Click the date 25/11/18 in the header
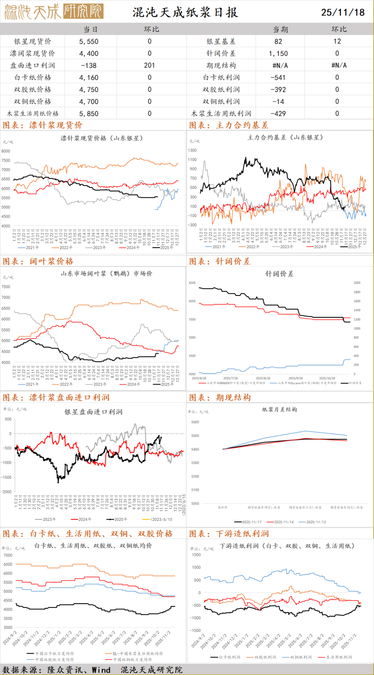342,12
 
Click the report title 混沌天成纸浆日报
185,12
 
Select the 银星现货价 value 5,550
89,41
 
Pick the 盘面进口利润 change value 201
149,65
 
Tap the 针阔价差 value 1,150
278,54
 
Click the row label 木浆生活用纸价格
33,113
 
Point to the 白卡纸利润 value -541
278,77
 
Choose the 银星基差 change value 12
337,41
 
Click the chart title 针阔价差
279,274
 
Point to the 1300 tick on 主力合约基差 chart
192,150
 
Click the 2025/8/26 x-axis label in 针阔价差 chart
263,378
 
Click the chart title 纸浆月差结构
279,409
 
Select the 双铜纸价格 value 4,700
89,102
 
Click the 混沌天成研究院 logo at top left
54,12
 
